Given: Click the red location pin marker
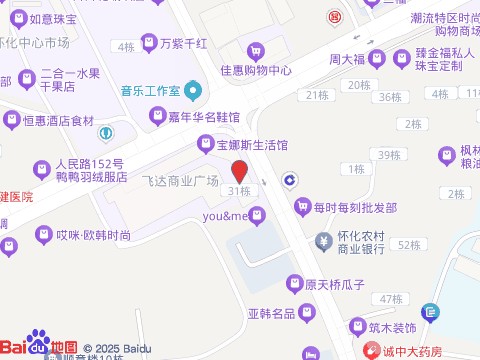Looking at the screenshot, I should (239, 170).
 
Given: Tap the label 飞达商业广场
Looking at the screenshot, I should (179, 181).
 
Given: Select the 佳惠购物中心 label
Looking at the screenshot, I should (255, 70).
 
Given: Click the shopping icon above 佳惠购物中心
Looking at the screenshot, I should (256, 50).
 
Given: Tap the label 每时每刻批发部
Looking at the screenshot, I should (355, 207).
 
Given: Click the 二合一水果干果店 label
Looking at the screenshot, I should (70, 79).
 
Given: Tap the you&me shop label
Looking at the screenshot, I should (225, 215).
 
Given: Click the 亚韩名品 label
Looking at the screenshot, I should (272, 313).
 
